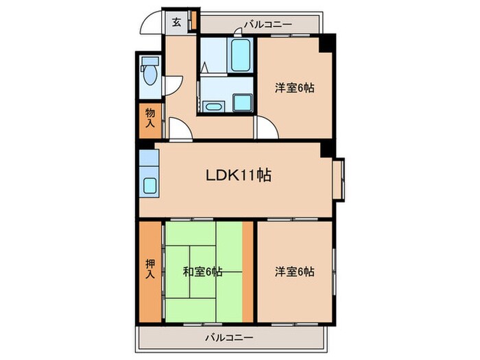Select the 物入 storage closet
[150, 119]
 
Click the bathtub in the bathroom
[241, 56]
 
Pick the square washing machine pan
[242, 102]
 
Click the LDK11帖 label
[238, 176]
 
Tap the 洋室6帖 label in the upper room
[295, 88]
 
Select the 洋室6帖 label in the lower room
[295, 272]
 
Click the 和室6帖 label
[202, 272]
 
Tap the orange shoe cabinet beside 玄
[193, 21]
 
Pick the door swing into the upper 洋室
[265, 128]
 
